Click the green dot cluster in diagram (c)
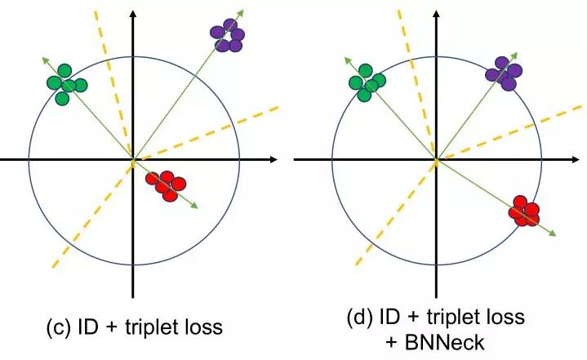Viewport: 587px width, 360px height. pos(66,82)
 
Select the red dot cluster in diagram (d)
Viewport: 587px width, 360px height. pos(524,211)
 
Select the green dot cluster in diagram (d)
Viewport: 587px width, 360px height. pos(367,81)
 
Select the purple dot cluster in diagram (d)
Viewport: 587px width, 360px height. pos(503,73)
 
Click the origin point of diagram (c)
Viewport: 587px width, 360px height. pos(132,160)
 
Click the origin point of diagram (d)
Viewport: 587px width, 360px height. pos(436,160)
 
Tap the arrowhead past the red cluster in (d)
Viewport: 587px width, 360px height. pos(553,233)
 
